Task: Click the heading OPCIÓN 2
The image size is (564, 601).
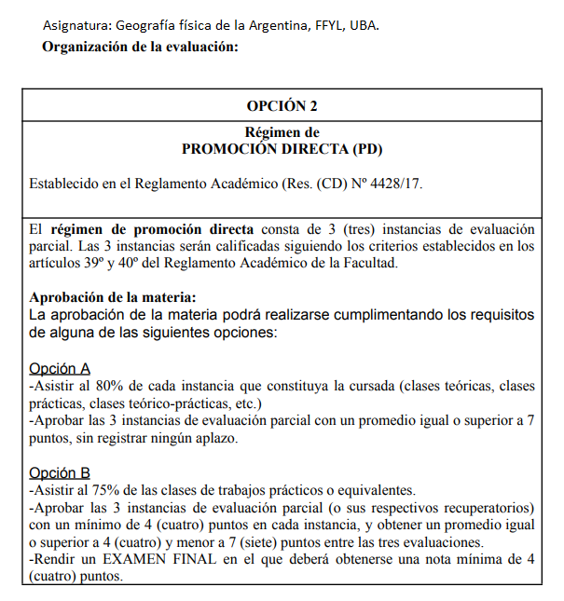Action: (282, 105)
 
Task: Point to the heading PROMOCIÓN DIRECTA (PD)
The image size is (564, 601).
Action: (282, 148)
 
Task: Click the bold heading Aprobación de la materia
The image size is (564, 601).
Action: (113, 298)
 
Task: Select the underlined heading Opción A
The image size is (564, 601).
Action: (60, 368)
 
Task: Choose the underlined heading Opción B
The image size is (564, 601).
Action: (60, 473)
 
